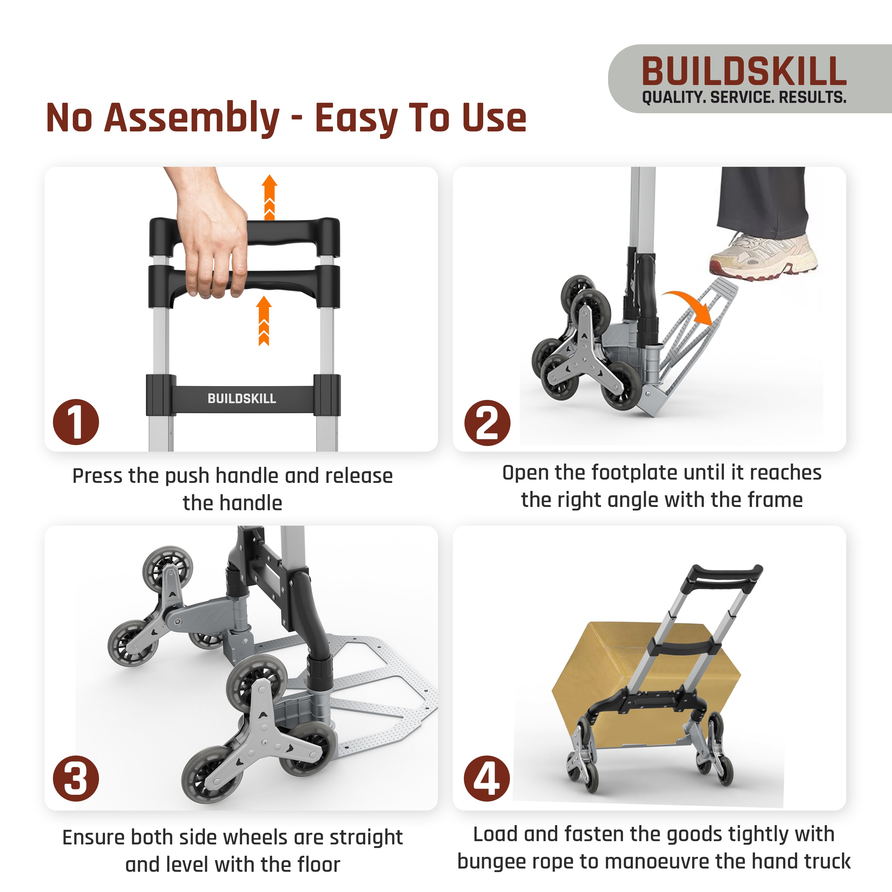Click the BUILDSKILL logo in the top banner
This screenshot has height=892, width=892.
(x=744, y=72)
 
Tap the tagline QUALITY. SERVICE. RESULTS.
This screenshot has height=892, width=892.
(x=744, y=98)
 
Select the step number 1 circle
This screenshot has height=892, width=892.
(x=76, y=422)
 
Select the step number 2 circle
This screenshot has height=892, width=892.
(x=487, y=423)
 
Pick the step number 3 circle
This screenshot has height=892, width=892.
(x=76, y=778)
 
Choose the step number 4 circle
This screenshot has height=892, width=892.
(x=487, y=778)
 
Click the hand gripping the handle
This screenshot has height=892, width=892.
(x=210, y=235)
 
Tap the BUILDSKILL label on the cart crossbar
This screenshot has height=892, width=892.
(x=242, y=398)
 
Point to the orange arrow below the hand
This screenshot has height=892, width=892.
(x=264, y=321)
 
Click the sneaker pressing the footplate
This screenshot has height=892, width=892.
(x=763, y=256)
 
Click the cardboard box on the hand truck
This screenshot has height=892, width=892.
(x=646, y=683)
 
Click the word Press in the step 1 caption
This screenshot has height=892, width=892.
(x=98, y=476)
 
